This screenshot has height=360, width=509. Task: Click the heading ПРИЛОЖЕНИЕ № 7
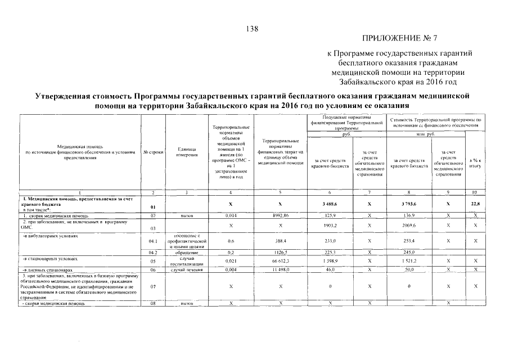pos(400,39)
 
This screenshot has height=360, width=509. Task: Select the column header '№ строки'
pos(153,152)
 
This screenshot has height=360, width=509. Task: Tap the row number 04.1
pos(153,241)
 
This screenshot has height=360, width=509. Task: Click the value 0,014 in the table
pos(231,215)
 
